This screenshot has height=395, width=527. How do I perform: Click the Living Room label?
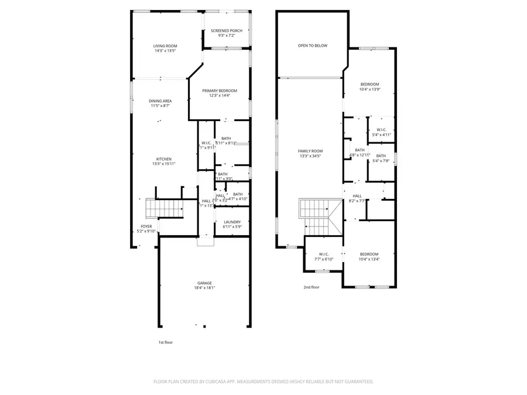[x=165, y=46]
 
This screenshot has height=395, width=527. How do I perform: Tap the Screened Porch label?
[x=226, y=31]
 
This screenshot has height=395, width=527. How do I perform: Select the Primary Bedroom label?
[x=220, y=91]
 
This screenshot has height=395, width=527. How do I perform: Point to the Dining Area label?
[x=160, y=101]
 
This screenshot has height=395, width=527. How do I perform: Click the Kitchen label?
[x=163, y=159]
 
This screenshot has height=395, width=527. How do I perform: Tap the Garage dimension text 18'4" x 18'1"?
[x=205, y=288]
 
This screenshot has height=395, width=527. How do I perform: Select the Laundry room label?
[x=232, y=222]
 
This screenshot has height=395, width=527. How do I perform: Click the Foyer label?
[x=146, y=226]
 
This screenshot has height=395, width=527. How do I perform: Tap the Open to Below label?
[x=312, y=45]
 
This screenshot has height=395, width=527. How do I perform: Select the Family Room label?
[x=310, y=151]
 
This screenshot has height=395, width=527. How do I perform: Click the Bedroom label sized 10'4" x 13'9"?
[x=369, y=84]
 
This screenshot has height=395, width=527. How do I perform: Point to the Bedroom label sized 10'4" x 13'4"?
[x=369, y=254]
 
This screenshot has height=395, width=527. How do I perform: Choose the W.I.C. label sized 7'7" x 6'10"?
[x=324, y=254]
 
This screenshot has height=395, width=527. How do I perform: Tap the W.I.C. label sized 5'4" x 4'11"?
[x=381, y=130]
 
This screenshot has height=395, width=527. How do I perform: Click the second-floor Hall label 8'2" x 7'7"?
[x=357, y=196]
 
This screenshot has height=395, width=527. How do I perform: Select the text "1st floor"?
[x=166, y=342]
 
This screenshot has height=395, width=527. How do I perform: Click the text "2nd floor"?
[x=312, y=287]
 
